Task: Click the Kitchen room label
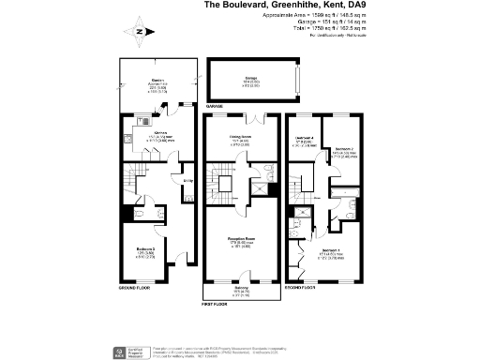click(148, 133)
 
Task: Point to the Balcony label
click(241, 287)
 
